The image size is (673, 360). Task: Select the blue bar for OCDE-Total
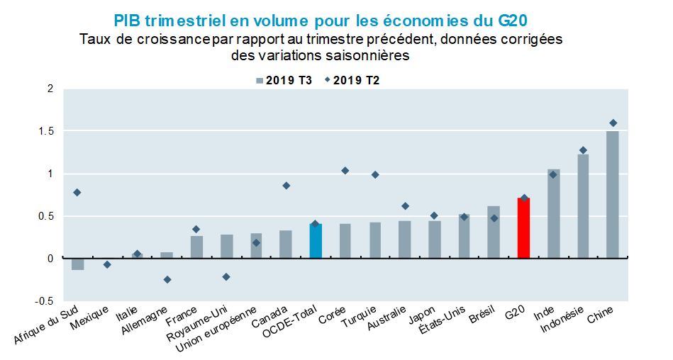(x=316, y=241)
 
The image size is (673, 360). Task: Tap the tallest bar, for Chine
(x=613, y=195)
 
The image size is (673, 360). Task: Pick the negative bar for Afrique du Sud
(x=77, y=264)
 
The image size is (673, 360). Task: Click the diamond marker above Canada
(x=286, y=186)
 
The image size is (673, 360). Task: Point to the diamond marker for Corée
(x=345, y=171)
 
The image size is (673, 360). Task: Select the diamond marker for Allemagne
(x=167, y=280)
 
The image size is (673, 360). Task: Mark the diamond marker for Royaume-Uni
(x=226, y=277)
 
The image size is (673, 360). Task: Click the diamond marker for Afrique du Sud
(x=77, y=193)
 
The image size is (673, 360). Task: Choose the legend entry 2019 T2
(x=351, y=81)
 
